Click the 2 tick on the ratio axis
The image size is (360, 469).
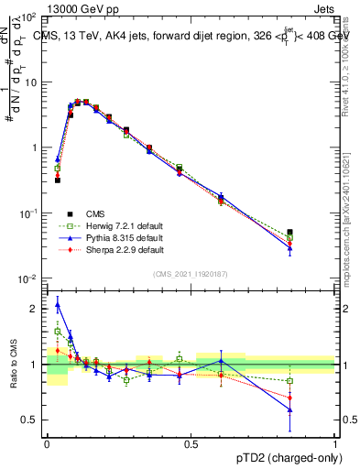(37, 309)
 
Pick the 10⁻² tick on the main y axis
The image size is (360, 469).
(30, 278)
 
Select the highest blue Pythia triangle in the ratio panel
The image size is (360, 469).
(57, 305)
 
